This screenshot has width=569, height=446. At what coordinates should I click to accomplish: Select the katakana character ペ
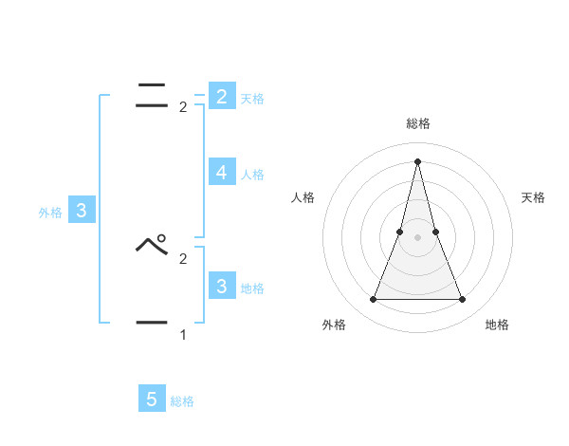coord(152,245)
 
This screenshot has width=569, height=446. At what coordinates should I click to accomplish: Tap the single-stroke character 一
coord(152,324)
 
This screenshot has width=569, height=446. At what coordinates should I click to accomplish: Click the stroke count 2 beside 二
coord(183,107)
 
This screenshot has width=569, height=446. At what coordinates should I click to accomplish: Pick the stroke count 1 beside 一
coord(183,335)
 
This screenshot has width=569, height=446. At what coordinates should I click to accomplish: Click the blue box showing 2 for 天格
coord(221,97)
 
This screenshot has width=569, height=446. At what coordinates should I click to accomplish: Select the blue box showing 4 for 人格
coord(221,173)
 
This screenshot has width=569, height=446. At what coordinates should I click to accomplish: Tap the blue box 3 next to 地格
coord(221,286)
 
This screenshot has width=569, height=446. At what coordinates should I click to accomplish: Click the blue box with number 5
coord(152,400)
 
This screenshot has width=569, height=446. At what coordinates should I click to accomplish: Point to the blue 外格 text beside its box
coord(50,213)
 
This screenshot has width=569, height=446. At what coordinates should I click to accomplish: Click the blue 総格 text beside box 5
coord(182,401)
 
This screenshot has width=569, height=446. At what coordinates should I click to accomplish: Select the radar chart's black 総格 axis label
coord(417,123)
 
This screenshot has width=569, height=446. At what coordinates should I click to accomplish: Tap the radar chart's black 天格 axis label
coord(534,197)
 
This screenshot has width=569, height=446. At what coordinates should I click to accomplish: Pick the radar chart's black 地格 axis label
coord(497,325)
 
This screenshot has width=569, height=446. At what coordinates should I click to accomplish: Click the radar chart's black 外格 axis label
coord(334,325)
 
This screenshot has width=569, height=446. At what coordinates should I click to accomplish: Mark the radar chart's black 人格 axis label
coord(303,197)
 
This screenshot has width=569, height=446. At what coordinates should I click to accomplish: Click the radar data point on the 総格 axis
coord(417,160)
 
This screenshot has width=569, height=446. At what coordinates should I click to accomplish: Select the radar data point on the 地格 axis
coord(462,300)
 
